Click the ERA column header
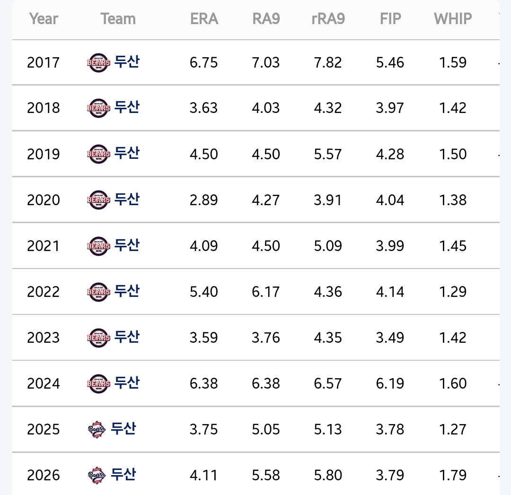pos(204,18)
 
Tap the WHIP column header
pos(453,18)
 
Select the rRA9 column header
pos(328,18)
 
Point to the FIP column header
pos(390,18)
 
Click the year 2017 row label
pos(44,62)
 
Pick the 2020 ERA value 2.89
pos(203,200)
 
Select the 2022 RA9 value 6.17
pos(265,291)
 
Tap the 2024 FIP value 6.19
pos(390,383)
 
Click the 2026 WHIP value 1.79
pos(453,475)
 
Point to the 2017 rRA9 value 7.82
pos(328,62)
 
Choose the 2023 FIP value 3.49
pos(390,338)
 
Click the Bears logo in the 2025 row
pos(97,429)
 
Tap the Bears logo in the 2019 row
pos(98,154)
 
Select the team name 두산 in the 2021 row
pos(127,245)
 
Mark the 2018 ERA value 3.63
pos(203,108)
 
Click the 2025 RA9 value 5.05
pos(265,429)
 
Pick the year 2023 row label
pos(44,338)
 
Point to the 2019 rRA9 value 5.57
pos(328,154)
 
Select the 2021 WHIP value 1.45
pos(453,245)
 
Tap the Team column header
pos(118,18)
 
